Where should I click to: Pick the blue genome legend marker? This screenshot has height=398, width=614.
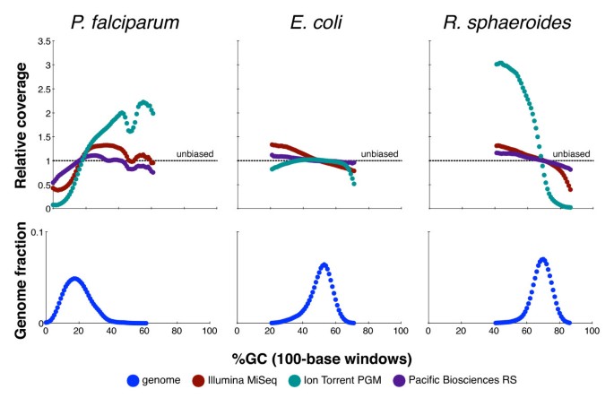point(134,382)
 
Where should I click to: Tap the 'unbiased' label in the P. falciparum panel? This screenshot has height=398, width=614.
point(192,153)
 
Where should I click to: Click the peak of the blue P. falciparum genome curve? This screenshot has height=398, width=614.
point(75,279)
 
